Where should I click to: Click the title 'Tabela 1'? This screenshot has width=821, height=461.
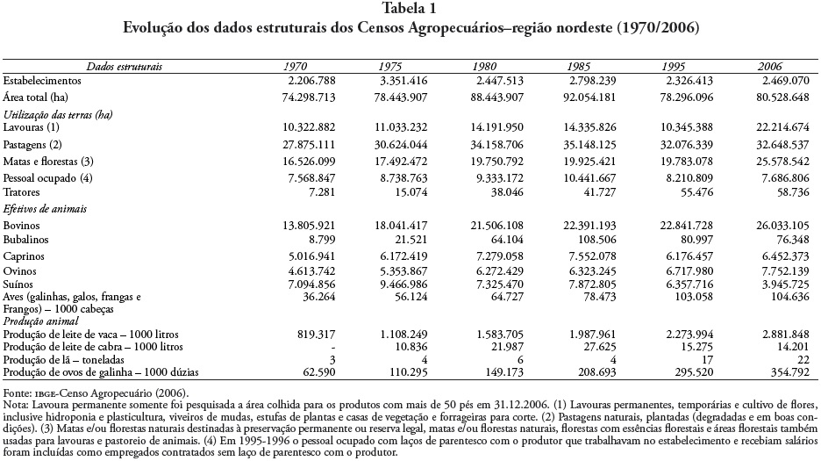click(x=410, y=9)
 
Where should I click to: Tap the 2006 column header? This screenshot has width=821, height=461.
click(x=769, y=66)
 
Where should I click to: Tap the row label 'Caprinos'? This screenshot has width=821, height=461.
click(x=25, y=257)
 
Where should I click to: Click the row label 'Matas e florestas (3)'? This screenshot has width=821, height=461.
click(x=48, y=162)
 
